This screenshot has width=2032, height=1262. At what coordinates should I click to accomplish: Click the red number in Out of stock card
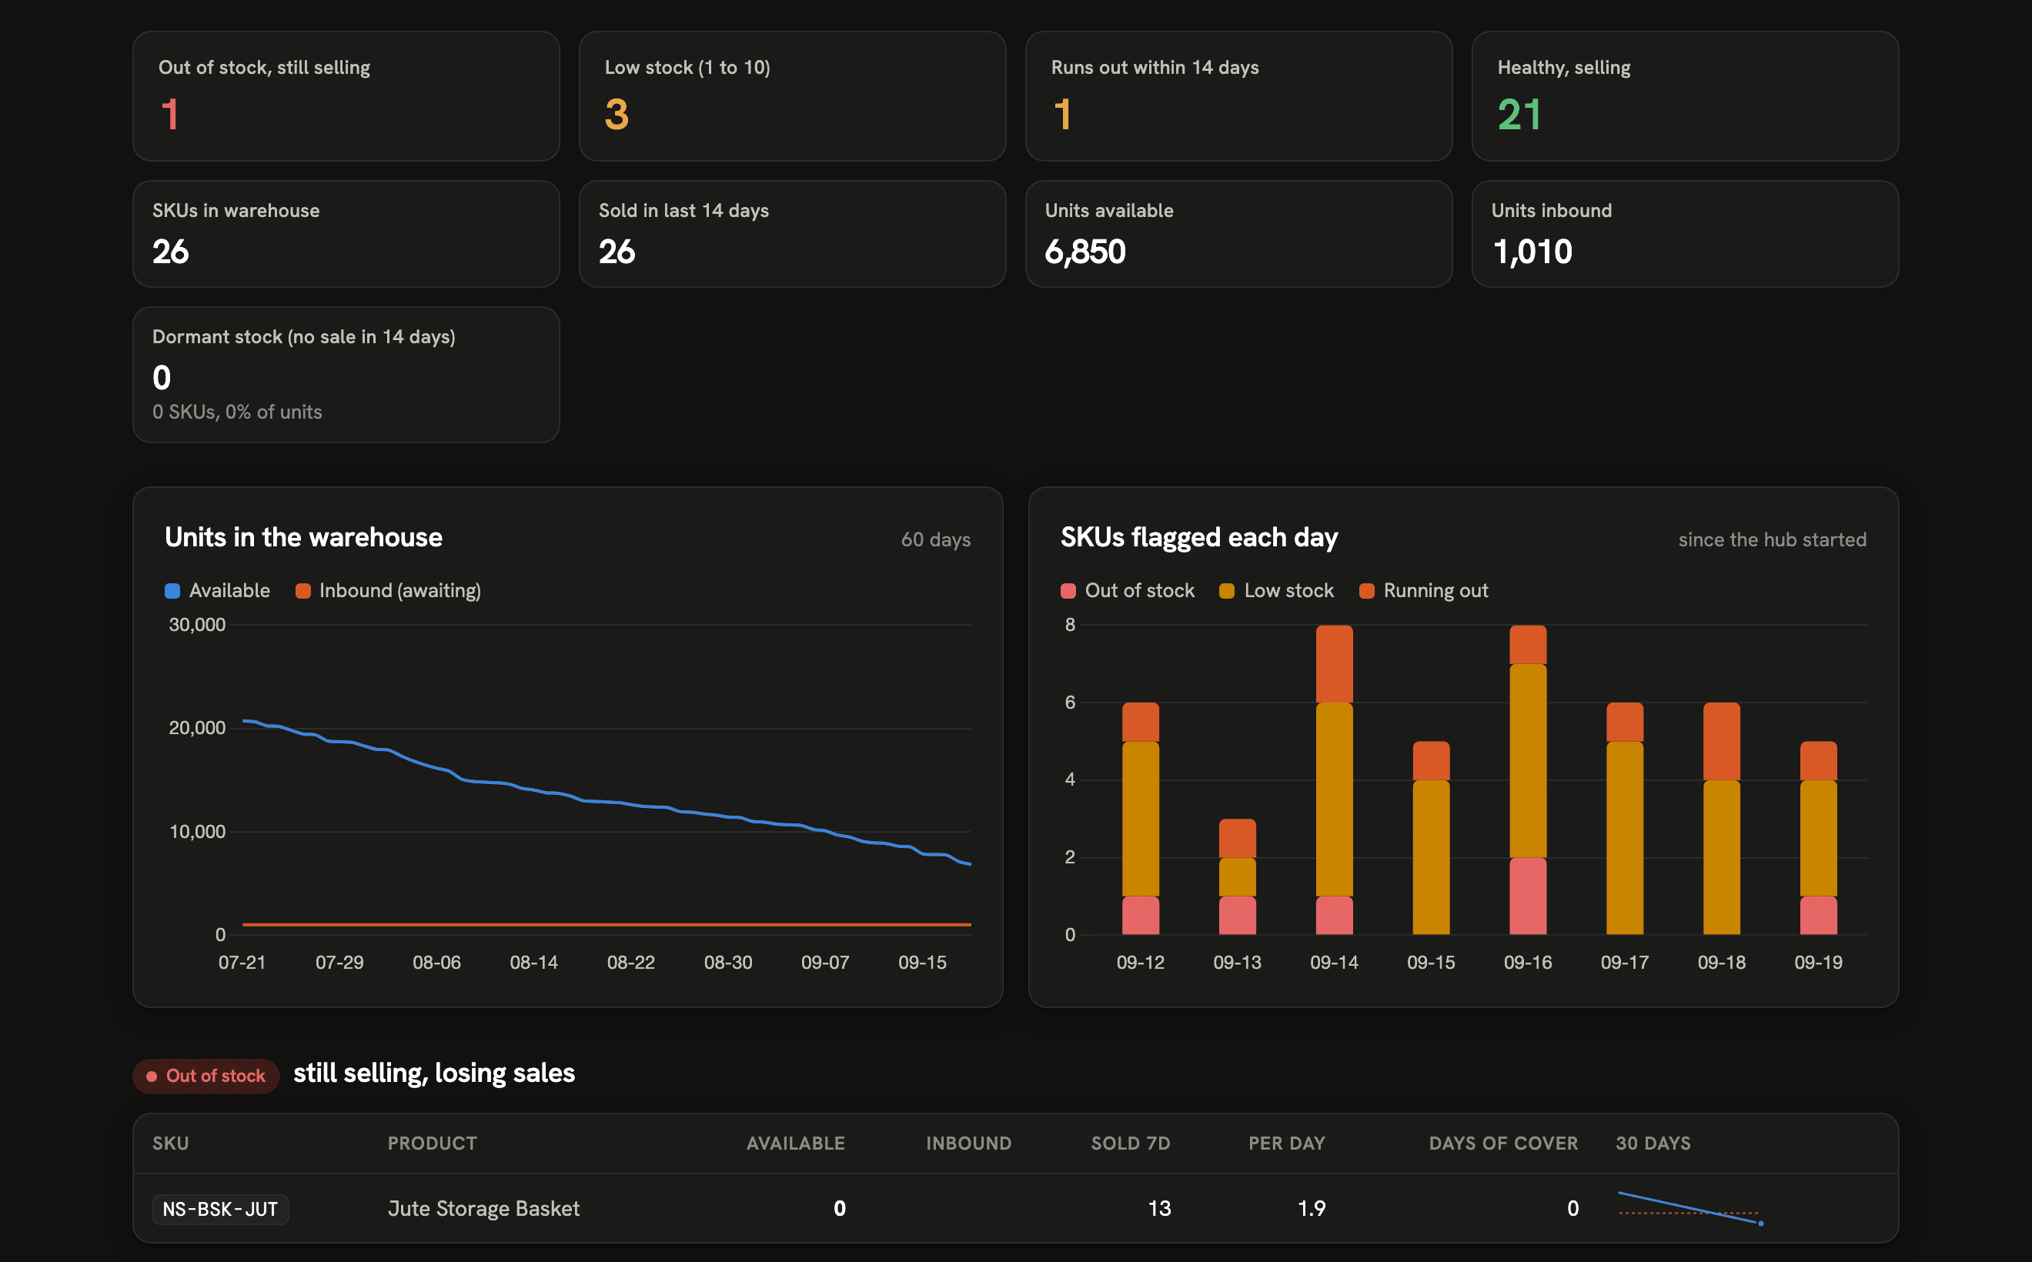169,115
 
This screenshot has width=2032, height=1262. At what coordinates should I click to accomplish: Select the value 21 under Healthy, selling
1519,115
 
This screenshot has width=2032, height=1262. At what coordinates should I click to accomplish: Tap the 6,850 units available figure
1085,251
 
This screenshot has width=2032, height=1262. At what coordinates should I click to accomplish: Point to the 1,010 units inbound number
1532,251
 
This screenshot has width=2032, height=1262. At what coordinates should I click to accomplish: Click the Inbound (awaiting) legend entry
388,590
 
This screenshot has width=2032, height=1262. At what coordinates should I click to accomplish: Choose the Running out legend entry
1423,590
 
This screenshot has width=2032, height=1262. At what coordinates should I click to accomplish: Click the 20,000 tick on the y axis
197,728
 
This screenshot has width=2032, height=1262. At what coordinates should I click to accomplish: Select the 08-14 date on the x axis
533,963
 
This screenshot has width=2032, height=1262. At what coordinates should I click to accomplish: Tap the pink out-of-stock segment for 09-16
1528,896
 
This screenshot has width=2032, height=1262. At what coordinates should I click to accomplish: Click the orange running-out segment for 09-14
1334,663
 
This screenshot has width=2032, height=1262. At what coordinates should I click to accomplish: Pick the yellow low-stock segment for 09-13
1237,876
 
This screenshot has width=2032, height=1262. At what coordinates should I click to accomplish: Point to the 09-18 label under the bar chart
1722,963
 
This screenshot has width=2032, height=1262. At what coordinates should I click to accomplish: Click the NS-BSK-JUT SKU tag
220,1209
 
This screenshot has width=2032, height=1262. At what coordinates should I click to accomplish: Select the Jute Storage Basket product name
483,1209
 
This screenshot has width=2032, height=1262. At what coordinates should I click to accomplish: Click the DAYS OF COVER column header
1502,1143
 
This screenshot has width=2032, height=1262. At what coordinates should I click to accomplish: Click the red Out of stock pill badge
206,1076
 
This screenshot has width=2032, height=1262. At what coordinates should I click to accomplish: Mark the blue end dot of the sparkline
1760,1224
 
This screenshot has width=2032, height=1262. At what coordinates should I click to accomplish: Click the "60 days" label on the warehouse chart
935,540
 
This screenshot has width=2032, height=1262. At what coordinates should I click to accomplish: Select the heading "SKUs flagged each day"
1199,539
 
